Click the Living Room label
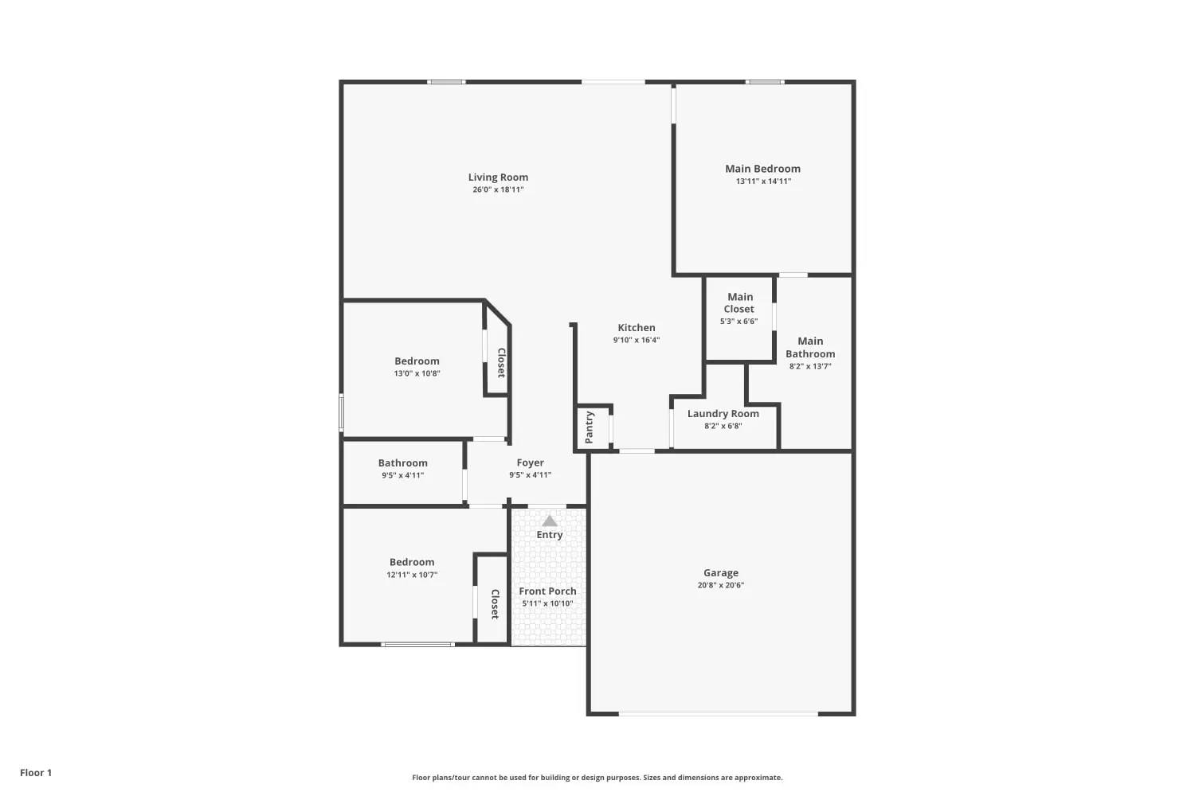pos(498,177)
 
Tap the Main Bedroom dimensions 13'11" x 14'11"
pos(763,181)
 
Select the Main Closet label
pos(739,302)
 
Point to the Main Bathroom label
pos(810,347)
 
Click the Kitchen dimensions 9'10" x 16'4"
pos(637,340)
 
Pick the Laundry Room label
pos(723,414)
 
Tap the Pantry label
pos(590,427)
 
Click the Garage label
pos(721,572)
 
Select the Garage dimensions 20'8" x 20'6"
pos(721,585)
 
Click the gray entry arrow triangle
pos(550,521)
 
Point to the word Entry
pos(550,535)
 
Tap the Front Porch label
pos(547,591)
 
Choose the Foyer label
pos(531,462)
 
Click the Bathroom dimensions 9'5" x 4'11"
pos(403,475)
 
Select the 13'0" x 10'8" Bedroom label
pos(417,361)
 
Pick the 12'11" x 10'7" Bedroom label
pos(412,562)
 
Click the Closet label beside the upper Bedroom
pos(501,362)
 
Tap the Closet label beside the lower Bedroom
pos(495,604)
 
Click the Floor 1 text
pos(36,773)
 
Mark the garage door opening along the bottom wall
pos(718,713)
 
